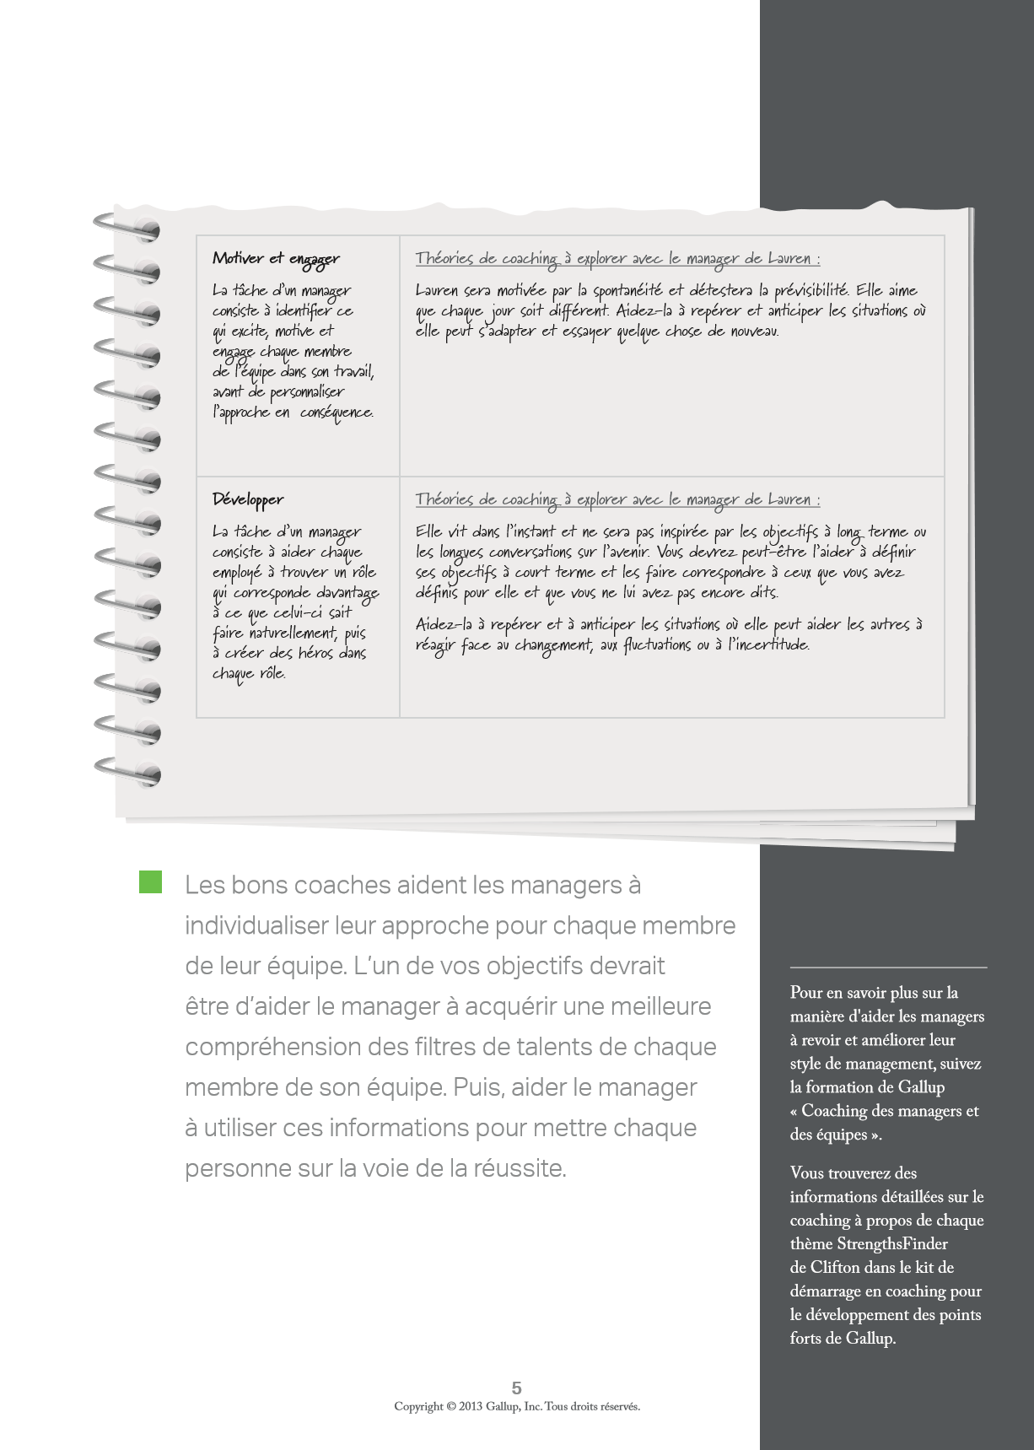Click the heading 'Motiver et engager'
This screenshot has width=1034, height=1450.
coord(276,259)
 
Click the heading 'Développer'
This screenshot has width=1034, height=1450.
coord(248,499)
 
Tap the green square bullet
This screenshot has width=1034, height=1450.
coord(150,882)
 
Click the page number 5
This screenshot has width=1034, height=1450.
coord(517,1388)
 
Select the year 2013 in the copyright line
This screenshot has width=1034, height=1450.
coord(471,1406)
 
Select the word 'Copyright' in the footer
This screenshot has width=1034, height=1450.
coord(418,1406)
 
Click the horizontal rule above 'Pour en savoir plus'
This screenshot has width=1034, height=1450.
coord(888,967)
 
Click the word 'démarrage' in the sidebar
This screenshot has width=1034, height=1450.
coord(826,1291)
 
